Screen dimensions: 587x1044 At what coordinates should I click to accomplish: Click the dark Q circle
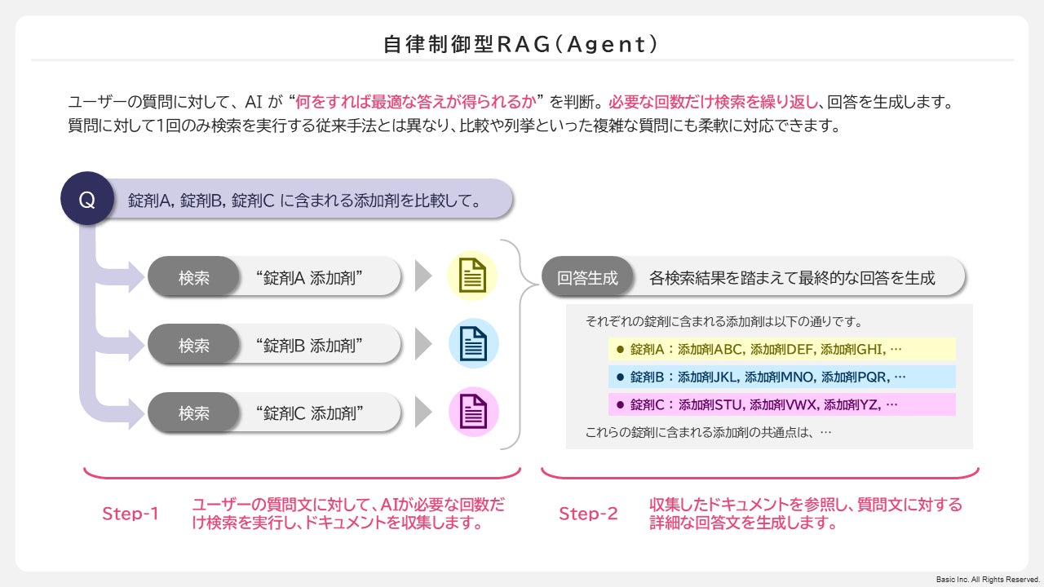tap(86, 198)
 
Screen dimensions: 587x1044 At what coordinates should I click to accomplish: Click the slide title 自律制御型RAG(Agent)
tap(521, 43)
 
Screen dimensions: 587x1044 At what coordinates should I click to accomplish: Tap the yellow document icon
tap(473, 277)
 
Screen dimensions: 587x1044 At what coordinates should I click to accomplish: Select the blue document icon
tap(473, 345)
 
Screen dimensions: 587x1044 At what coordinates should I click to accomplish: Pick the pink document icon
tap(473, 413)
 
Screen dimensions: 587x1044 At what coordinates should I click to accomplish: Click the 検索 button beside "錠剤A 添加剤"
tap(194, 277)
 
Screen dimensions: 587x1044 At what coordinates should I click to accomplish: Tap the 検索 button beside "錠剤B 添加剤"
tap(194, 346)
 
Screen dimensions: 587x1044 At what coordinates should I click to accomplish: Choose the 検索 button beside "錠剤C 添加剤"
tap(194, 413)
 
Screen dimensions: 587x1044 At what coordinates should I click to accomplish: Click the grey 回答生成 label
tap(587, 277)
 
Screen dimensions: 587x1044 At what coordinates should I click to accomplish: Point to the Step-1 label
tap(130, 514)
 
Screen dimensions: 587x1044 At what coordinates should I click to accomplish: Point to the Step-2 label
tap(588, 514)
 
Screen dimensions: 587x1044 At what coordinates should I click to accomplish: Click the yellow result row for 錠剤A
tap(781, 349)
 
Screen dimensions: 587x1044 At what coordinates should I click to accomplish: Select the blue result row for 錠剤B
tap(781, 377)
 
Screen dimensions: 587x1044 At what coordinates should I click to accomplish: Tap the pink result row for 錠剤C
tap(781, 404)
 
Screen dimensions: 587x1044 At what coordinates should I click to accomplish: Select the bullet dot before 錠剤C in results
tap(620, 404)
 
